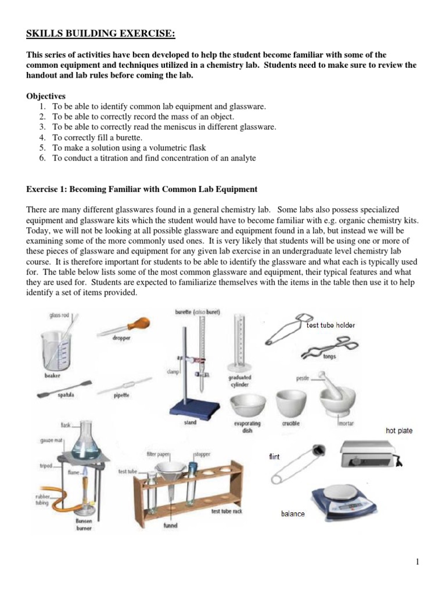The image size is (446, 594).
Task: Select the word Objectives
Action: tap(46, 96)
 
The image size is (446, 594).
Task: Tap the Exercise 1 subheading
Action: tap(142, 190)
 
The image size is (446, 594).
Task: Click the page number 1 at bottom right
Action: tap(418, 562)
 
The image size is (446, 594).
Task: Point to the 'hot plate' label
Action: tap(399, 431)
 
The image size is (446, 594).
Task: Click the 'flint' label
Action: tap(274, 457)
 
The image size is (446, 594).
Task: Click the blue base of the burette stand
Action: tap(193, 408)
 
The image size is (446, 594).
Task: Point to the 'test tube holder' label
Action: tap(330, 325)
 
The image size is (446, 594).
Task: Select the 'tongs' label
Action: tap(329, 357)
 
